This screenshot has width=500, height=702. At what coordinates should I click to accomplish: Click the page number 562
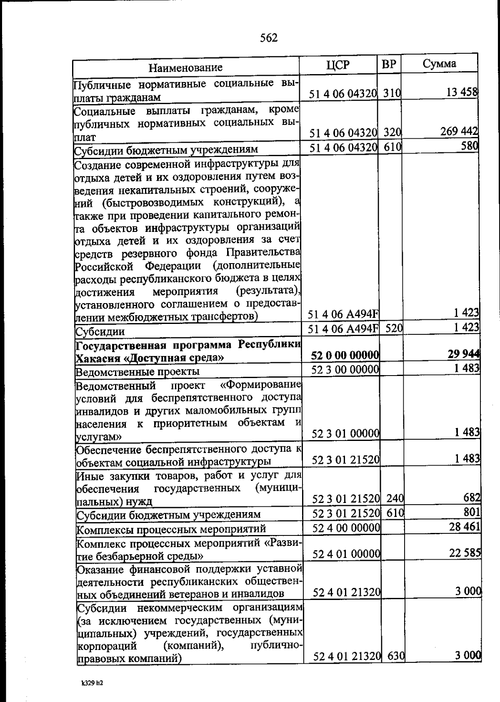tap(268, 38)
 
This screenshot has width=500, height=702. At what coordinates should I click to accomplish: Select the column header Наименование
tap(186, 67)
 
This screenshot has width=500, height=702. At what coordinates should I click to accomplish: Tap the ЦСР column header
tap(338, 65)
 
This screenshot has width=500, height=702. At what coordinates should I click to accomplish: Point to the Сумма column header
tap(439, 63)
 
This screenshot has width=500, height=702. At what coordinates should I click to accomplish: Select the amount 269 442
tap(459, 131)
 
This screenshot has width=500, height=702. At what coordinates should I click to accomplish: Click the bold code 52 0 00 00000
tap(345, 355)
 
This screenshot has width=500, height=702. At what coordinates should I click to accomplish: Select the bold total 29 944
tap(464, 354)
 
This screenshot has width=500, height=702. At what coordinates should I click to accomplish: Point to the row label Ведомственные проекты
tap(137, 371)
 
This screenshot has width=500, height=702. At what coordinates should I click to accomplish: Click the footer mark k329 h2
tap(92, 683)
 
